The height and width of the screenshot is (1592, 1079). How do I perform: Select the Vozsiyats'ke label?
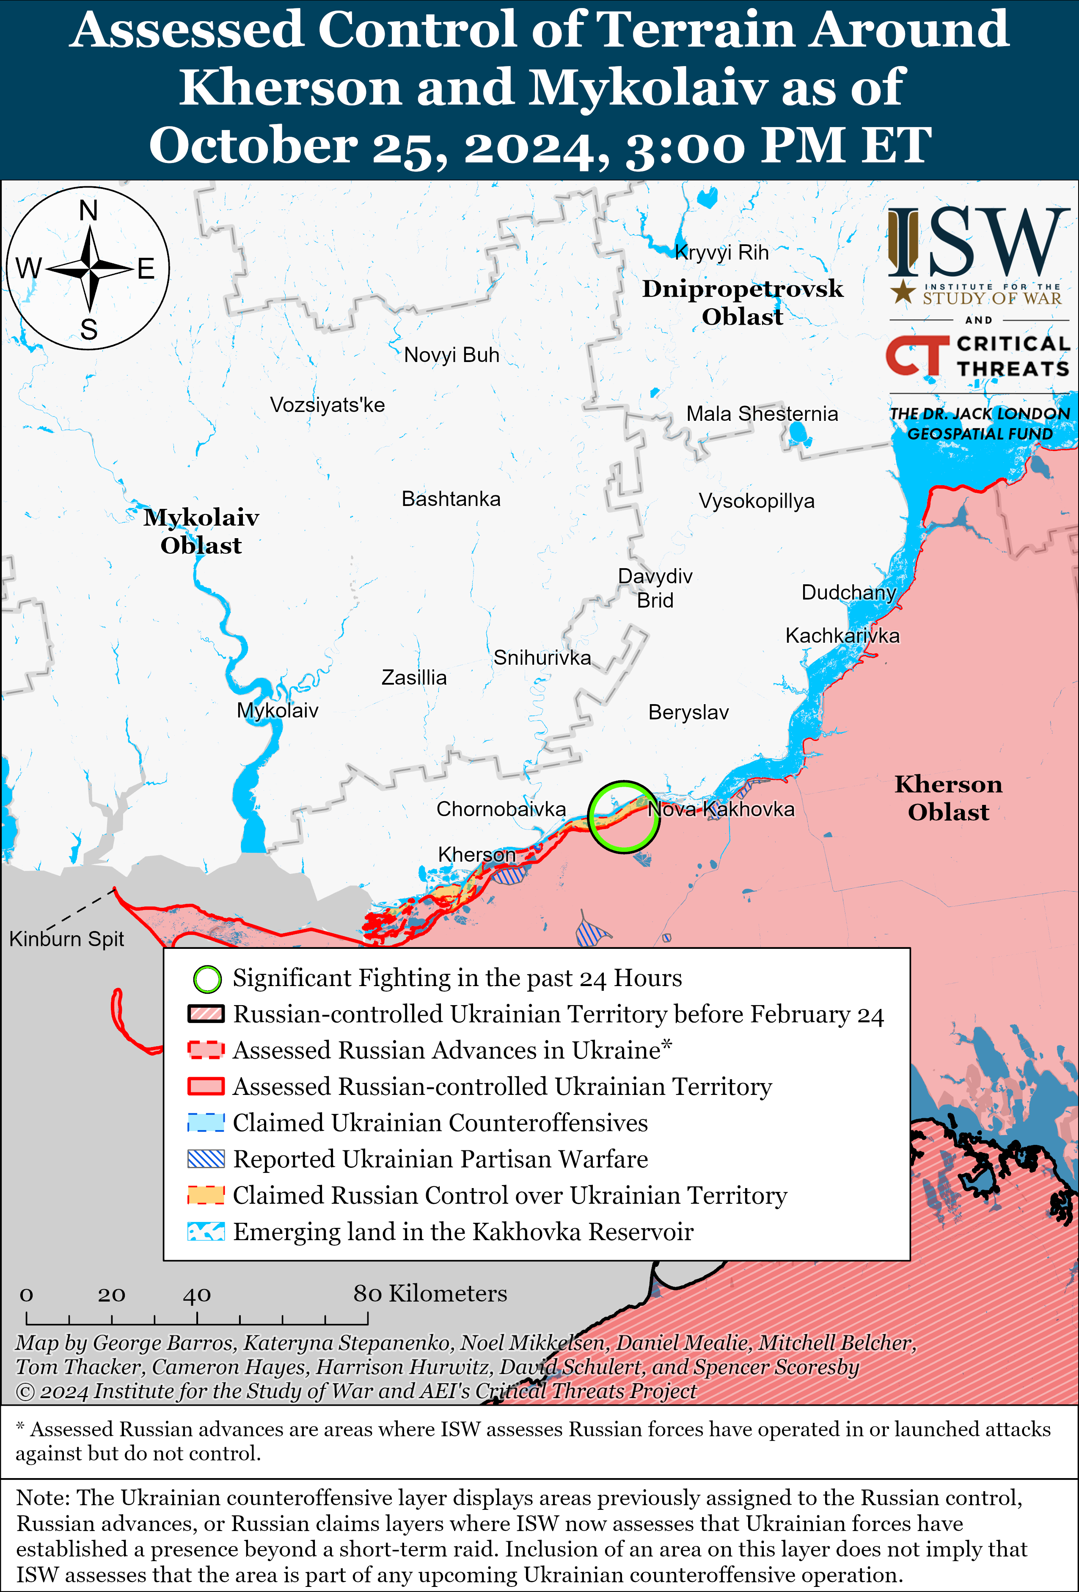[327, 405]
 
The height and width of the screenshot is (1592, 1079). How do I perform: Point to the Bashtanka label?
[451, 499]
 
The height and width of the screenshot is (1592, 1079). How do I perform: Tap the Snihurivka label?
[542, 658]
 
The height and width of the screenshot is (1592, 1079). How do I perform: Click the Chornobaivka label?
[501, 809]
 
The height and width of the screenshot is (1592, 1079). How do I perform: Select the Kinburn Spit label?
[66, 939]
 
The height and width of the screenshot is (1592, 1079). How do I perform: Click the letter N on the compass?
[88, 211]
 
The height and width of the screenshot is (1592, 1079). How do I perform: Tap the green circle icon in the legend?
[207, 979]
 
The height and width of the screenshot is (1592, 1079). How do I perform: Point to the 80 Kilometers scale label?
[430, 1293]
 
